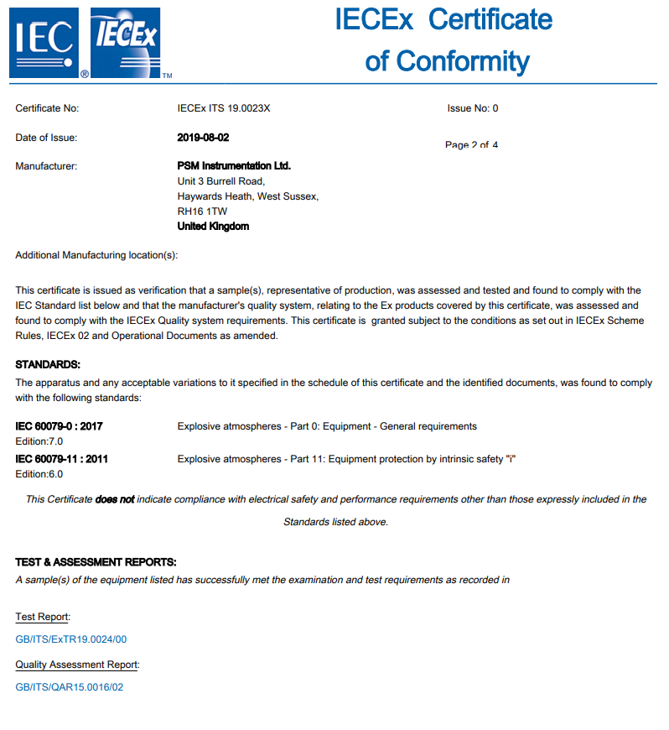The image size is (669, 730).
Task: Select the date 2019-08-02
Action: [x=203, y=138]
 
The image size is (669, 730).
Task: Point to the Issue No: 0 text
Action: [x=473, y=108]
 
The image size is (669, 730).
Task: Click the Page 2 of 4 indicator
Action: [x=471, y=145]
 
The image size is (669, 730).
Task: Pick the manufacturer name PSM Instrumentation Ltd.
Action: [x=234, y=166]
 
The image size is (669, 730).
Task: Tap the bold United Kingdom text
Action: [x=213, y=227]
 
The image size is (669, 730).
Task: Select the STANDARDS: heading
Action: [x=49, y=364]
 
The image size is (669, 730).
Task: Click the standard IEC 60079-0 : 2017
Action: [x=60, y=426]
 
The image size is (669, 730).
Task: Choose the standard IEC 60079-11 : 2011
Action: [x=62, y=459]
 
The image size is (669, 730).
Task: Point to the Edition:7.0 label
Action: [x=39, y=441]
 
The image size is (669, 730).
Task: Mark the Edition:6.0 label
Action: [x=39, y=474]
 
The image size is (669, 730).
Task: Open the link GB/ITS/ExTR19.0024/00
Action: [x=71, y=639]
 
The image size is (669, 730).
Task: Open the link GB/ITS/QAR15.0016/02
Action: [x=70, y=687]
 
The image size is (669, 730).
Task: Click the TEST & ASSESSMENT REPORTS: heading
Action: [x=96, y=562]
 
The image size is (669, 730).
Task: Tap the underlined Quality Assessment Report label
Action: [x=77, y=665]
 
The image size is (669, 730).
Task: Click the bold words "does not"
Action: [x=115, y=499]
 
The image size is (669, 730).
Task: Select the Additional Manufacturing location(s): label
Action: [x=96, y=255]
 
